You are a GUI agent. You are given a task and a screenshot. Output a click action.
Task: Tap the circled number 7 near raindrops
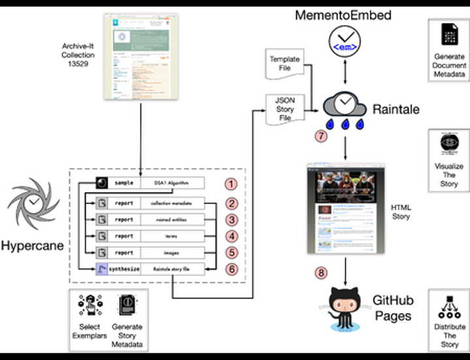pos(321,136)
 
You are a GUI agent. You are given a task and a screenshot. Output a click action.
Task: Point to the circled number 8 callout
pos(321,273)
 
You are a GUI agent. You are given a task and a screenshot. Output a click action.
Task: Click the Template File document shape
pos(284,64)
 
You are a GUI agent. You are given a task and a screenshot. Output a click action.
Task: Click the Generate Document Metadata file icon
pos(449,33)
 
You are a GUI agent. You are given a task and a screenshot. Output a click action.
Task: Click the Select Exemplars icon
pos(89,306)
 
